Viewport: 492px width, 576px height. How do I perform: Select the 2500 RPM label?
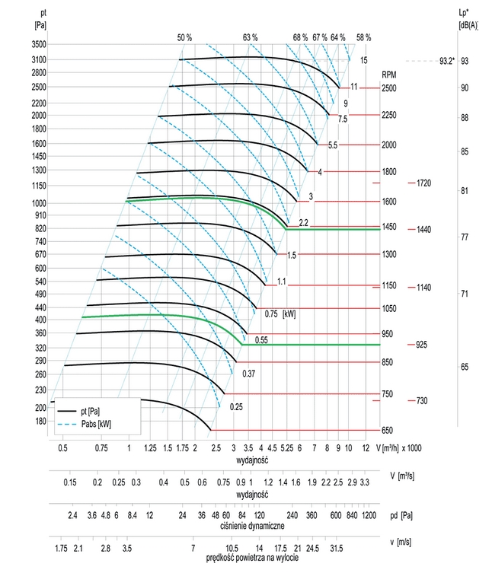389,88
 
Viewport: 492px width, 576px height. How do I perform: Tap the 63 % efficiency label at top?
251,37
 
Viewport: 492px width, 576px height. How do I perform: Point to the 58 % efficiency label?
363,37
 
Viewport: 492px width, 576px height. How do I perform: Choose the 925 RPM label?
421,345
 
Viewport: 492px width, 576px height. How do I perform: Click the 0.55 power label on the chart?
262,339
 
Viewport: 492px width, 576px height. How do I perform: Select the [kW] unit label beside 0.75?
289,313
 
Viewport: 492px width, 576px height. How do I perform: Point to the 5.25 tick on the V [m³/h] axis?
287,449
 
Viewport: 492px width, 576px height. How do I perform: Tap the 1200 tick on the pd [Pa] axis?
370,515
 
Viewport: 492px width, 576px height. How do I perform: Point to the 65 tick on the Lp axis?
464,367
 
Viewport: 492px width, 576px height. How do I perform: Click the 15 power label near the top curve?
364,60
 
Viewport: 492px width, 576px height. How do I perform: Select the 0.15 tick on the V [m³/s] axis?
70,482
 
